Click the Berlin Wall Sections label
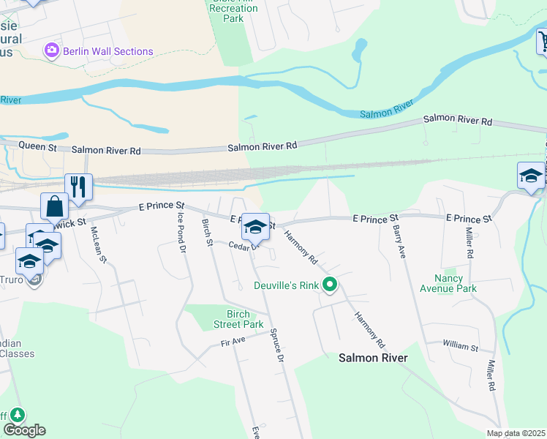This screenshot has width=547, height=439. pos(107,51)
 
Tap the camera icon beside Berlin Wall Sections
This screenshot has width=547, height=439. pos(52,50)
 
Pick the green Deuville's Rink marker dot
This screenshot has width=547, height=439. pos(331,285)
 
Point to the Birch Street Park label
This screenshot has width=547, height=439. pos(238,319)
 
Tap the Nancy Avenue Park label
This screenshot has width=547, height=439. pos(448,283)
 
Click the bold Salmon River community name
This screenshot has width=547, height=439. pos(373,358)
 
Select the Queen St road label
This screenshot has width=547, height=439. pos(37,146)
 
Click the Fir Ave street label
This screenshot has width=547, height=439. pos(233,342)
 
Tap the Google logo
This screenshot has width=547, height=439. pos(24,430)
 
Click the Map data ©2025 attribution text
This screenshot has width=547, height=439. pos(516,433)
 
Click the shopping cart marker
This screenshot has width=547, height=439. pos(543,42)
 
